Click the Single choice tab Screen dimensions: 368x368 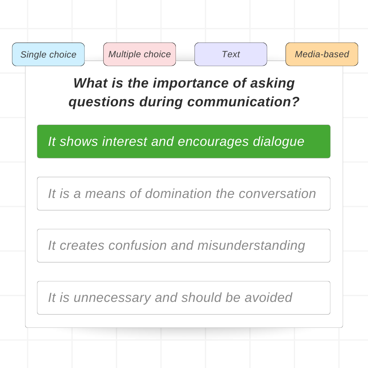(48, 55)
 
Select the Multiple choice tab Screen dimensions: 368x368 (140, 55)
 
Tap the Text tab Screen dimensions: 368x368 (231, 55)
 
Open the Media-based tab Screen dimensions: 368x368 (322, 55)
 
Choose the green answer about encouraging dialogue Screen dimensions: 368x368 (184, 141)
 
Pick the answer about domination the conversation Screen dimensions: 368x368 (184, 194)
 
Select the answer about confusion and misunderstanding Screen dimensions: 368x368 (184, 246)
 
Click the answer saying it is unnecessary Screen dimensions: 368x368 (184, 298)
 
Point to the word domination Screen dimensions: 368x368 (178, 194)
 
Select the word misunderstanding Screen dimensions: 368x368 (251, 246)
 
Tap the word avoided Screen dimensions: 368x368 (268, 297)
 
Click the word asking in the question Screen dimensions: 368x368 (273, 84)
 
